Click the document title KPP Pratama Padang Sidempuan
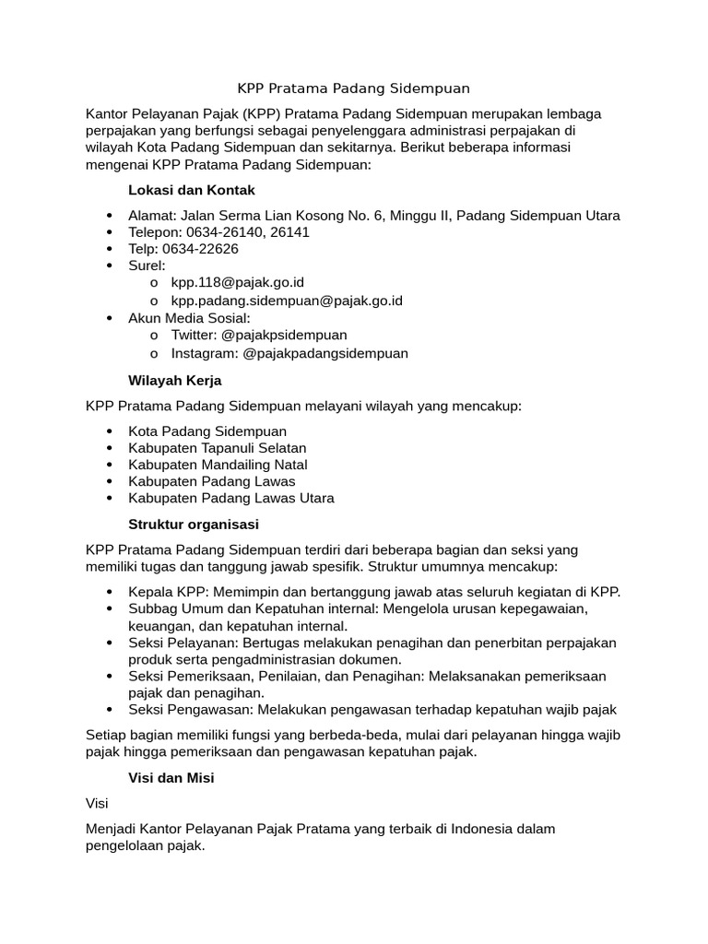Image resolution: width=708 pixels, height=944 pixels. coord(354,88)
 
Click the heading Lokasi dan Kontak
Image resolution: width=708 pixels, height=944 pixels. coord(191,190)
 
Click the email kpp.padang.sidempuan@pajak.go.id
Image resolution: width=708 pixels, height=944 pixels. coord(287,301)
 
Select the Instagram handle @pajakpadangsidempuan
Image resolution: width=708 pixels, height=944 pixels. coord(324,353)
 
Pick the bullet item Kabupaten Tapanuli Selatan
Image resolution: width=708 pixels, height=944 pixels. coord(218,448)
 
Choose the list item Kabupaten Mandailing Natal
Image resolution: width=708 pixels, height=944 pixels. coord(218,465)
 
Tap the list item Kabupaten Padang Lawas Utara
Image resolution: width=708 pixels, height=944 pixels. coord(231,498)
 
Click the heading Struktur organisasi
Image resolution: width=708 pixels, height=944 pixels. coord(194,525)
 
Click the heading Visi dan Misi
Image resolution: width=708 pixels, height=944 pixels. coord(171,778)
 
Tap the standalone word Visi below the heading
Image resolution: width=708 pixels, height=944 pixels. coord(97,804)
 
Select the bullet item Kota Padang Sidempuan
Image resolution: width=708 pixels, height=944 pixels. coord(207,431)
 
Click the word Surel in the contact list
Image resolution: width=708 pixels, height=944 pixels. coord(147,265)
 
